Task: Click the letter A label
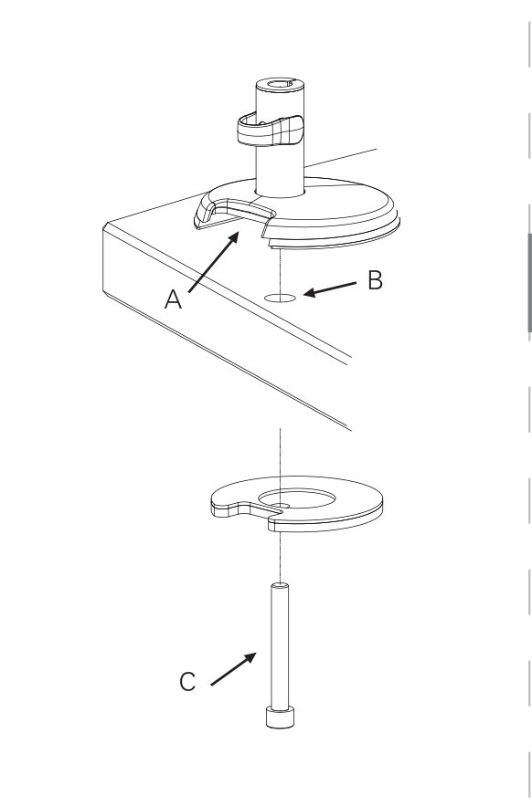(x=173, y=299)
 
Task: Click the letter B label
(x=376, y=280)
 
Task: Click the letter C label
(x=187, y=681)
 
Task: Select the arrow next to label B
(x=330, y=289)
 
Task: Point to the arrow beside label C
(x=233, y=668)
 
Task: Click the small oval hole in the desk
(x=280, y=298)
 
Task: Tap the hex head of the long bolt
(x=280, y=717)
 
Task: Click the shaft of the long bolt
(x=280, y=646)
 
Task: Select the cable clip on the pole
(x=271, y=131)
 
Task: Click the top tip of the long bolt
(x=280, y=585)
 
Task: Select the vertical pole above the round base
(x=280, y=139)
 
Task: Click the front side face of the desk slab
(x=227, y=330)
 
